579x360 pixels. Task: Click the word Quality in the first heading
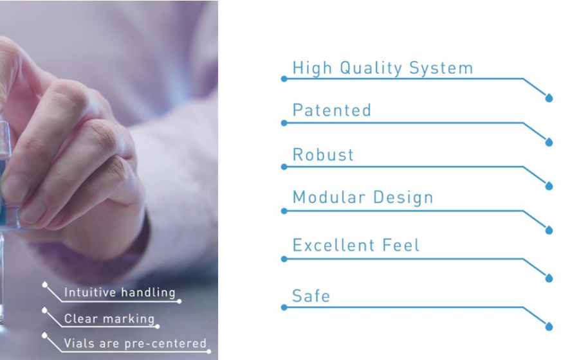371,69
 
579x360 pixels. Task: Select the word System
441,69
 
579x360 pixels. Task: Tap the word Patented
331,111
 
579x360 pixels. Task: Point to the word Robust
323,154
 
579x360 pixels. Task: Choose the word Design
403,198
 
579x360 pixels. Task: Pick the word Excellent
333,246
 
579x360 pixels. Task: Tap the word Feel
401,246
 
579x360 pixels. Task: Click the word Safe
311,296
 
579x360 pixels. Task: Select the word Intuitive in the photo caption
90,292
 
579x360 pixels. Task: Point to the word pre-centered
165,344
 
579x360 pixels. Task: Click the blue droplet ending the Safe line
549,326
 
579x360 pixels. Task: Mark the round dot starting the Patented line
284,123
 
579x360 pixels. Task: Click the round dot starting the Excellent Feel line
284,259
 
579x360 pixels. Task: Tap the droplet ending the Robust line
549,186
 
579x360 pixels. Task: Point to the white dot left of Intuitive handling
44,285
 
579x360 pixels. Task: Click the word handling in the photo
148,292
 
